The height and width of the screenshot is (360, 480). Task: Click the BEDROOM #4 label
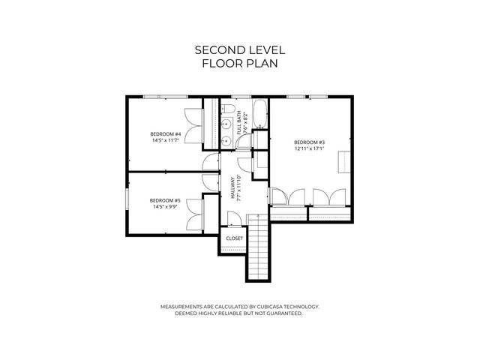coord(166,133)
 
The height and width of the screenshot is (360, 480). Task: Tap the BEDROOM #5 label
coord(166,200)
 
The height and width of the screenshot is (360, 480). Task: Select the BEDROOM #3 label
coord(309,142)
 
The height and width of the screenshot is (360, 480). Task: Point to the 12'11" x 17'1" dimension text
coord(309,149)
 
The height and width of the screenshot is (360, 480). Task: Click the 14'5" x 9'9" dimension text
coord(166,207)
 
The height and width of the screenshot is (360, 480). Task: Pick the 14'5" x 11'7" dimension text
coord(166,140)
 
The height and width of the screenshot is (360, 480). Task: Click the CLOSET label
coord(234,238)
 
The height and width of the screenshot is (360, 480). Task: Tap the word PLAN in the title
coord(262,64)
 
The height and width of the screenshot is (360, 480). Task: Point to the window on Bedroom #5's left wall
coord(127,202)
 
